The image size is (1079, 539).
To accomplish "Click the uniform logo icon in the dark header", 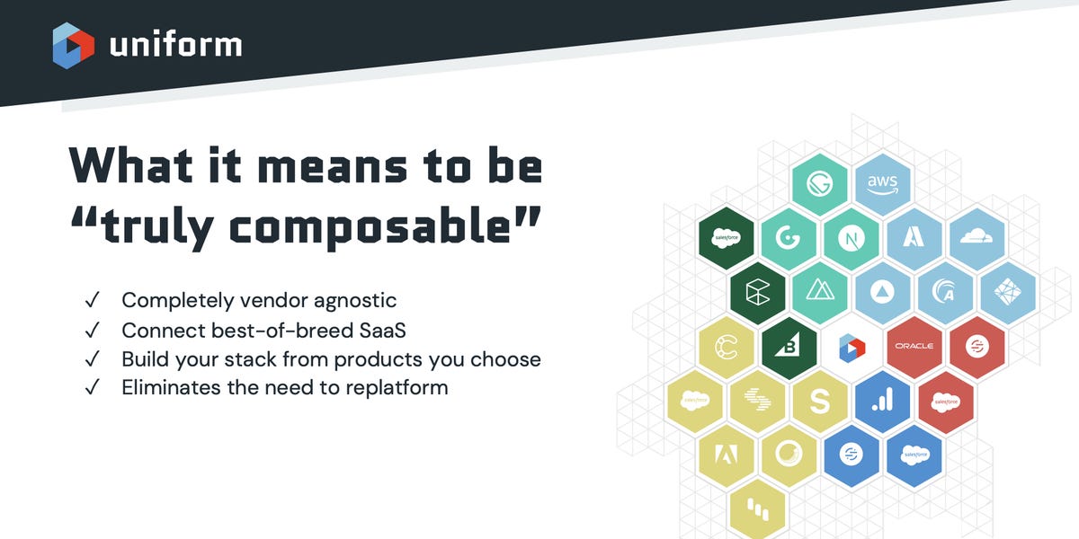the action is click(x=73, y=46).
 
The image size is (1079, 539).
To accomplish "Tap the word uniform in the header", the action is click(x=176, y=45).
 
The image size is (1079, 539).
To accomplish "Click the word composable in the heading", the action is click(x=370, y=227).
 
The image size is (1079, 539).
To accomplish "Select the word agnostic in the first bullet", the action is click(x=355, y=301).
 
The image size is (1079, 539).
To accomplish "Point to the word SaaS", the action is click(x=382, y=331).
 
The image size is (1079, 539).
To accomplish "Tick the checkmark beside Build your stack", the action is click(x=92, y=359).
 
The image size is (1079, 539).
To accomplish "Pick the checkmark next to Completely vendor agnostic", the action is click(x=92, y=300).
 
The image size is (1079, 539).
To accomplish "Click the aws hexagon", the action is click(x=882, y=184).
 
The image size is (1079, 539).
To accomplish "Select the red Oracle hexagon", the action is click(x=914, y=347).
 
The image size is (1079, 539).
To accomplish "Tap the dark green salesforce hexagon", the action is click(x=727, y=238).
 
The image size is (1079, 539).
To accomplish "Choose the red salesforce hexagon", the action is click(x=946, y=402).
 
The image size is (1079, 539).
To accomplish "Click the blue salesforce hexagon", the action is click(x=914, y=455).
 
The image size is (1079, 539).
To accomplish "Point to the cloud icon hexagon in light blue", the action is click(x=976, y=238).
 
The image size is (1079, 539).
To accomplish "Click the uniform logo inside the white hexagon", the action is click(x=852, y=348).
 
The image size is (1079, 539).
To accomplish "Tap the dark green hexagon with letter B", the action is click(x=789, y=348).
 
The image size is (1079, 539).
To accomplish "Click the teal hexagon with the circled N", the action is click(x=852, y=238).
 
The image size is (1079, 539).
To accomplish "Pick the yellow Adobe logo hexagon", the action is click(x=727, y=455).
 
